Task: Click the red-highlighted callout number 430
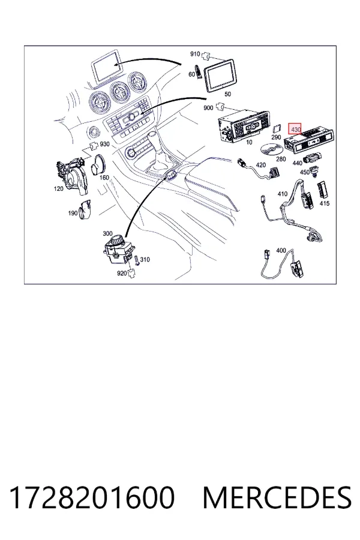tap(295, 130)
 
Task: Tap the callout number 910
tap(195, 54)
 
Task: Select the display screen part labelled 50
tap(220, 76)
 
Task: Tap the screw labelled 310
tap(137, 260)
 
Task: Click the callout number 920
tap(122, 273)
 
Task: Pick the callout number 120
tap(59, 188)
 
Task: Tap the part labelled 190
tap(85, 209)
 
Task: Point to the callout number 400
tap(281, 250)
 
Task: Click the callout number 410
tap(283, 194)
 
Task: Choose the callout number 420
tap(261, 164)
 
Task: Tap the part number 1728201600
tap(92, 497)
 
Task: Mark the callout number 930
tap(105, 144)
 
